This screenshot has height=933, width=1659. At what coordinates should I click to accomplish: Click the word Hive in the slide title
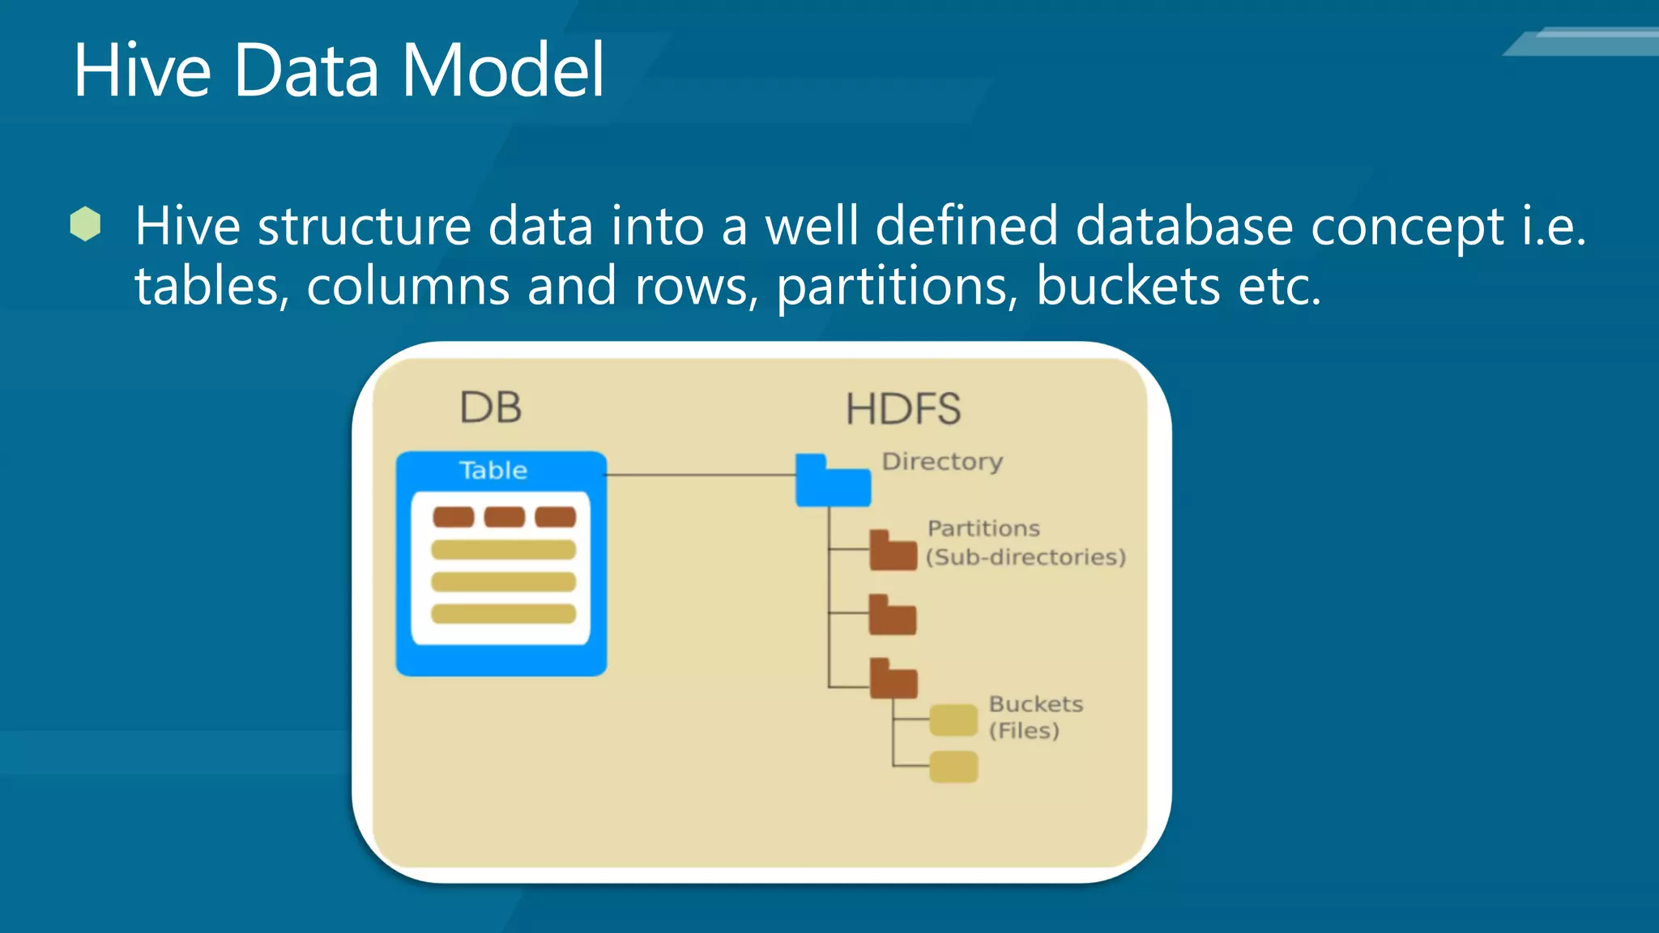[143, 71]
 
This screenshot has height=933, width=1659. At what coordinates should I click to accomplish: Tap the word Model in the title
[502, 71]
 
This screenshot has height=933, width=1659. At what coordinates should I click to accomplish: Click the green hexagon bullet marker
[85, 224]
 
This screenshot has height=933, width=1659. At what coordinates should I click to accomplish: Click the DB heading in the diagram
[490, 407]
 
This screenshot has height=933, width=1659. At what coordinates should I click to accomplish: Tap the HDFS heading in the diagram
[903, 409]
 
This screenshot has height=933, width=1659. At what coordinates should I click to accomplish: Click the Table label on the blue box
[493, 471]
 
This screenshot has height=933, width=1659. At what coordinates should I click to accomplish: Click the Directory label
[942, 462]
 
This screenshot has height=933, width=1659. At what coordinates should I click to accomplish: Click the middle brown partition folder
[892, 616]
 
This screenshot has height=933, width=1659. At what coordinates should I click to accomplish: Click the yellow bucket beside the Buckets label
[953, 720]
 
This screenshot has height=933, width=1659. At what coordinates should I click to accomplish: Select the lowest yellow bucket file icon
[953, 767]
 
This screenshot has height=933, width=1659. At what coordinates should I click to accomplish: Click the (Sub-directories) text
[1026, 557]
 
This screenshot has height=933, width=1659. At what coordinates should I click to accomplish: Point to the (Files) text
[1024, 731]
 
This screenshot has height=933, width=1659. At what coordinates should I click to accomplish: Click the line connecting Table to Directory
[701, 475]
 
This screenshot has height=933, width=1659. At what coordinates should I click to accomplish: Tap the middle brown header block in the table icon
[504, 517]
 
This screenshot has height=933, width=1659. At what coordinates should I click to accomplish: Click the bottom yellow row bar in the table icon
[503, 613]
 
